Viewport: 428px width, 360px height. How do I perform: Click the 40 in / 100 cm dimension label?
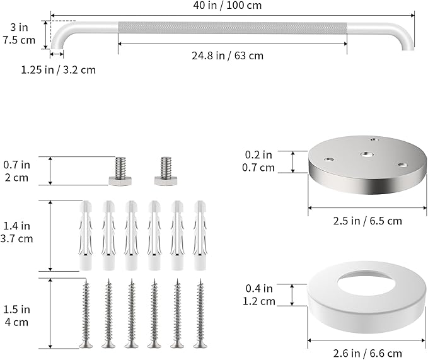point(228,5)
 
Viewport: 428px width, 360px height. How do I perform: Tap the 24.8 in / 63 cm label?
point(228,55)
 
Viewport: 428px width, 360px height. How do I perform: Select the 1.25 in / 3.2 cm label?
point(59,70)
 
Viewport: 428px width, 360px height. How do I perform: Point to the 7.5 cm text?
point(19,40)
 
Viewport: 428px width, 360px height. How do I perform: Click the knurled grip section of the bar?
point(233,28)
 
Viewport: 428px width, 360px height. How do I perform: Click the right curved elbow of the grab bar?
point(404,33)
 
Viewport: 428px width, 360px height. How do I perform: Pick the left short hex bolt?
point(120,171)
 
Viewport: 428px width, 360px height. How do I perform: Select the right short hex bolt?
point(166,171)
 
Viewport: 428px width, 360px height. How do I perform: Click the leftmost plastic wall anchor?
point(86,236)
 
